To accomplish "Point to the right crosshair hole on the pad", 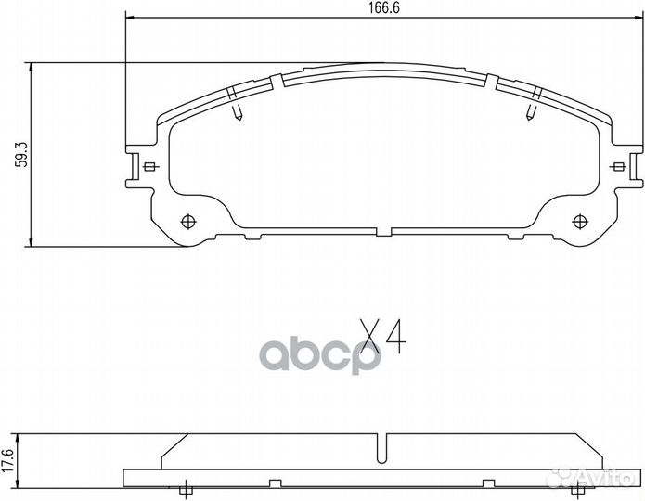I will click(581, 221).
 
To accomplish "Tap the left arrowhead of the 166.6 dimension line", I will click(130, 18).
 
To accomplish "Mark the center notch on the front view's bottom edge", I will click(391, 230).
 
